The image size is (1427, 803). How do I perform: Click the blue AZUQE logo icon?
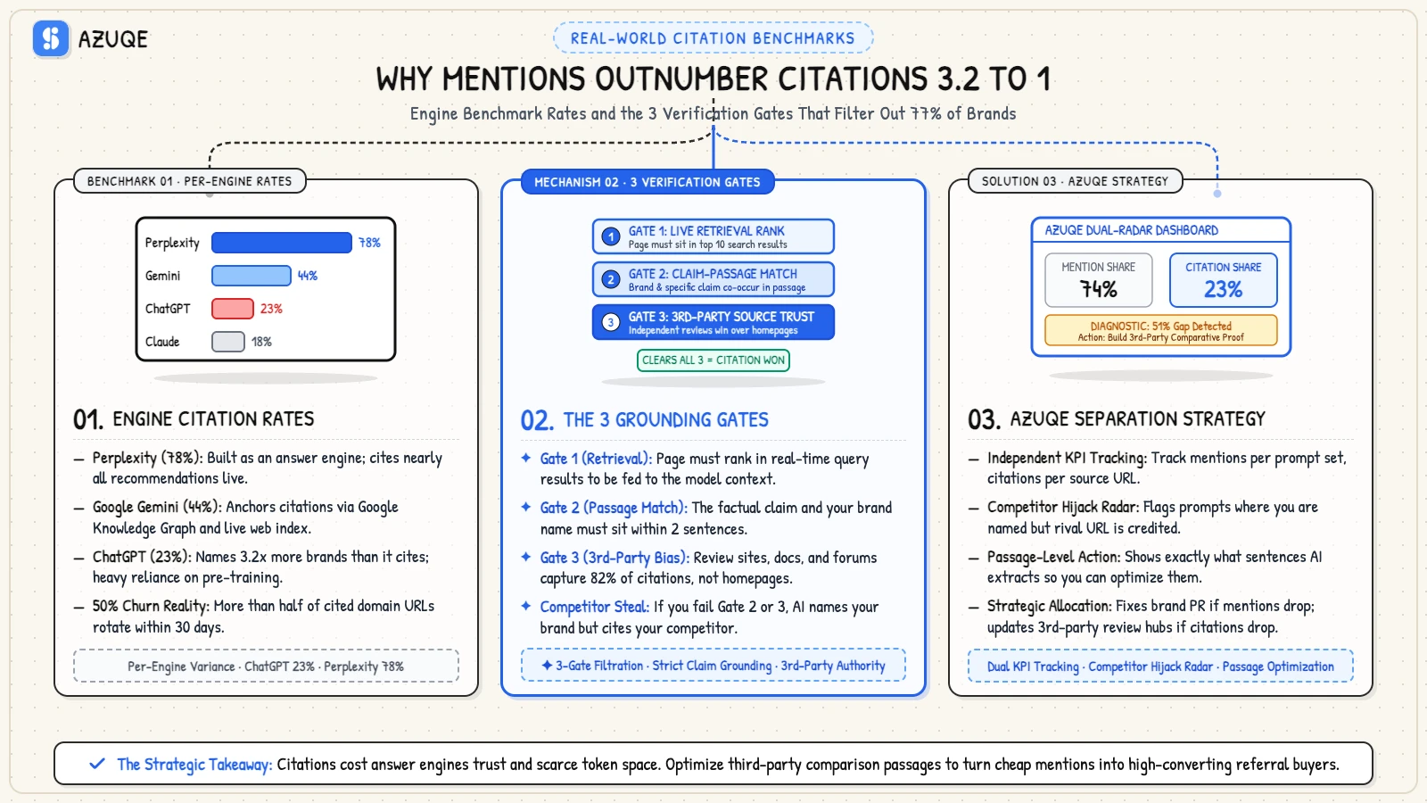pyautogui.click(x=51, y=39)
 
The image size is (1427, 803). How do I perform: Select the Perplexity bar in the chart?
pyautogui.click(x=282, y=242)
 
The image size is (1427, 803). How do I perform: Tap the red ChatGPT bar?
pyautogui.click(x=233, y=309)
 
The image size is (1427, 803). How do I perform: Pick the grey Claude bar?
pyautogui.click(x=228, y=342)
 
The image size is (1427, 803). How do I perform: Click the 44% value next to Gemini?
pyautogui.click(x=308, y=276)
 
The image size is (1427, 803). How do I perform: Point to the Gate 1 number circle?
pyautogui.click(x=611, y=237)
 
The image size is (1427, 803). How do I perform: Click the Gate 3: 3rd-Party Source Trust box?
pyautogui.click(x=713, y=322)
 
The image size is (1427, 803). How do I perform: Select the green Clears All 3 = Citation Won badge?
pyautogui.click(x=713, y=360)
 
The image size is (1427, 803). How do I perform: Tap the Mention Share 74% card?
pyautogui.click(x=1098, y=280)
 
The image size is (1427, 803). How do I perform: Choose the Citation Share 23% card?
pyautogui.click(x=1223, y=280)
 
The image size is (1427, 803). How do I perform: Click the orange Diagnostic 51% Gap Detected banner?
pyautogui.click(x=1160, y=331)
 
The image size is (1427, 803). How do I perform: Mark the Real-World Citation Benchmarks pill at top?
pyautogui.click(x=713, y=37)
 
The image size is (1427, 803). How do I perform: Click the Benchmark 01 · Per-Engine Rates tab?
pyautogui.click(x=190, y=181)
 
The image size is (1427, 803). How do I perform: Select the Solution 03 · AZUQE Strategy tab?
pyautogui.click(x=1076, y=181)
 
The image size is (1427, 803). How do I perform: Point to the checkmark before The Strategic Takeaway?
pyautogui.click(x=97, y=764)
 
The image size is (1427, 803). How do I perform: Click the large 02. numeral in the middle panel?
pyautogui.click(x=537, y=420)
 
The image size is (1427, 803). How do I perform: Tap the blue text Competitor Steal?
pyautogui.click(x=595, y=607)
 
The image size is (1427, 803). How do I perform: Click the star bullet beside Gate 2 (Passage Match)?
pyautogui.click(x=526, y=507)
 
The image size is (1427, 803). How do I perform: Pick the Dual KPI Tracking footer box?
pyautogui.click(x=1160, y=666)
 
